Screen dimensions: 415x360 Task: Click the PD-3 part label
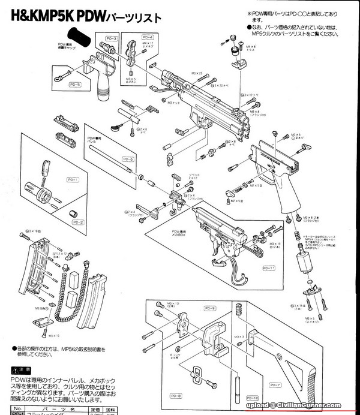coord(112,39)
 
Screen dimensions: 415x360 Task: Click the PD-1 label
coord(73,180)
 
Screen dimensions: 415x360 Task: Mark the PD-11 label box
coord(269,267)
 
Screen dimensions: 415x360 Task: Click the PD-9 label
coord(209,308)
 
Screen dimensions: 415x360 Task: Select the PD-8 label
coord(175,396)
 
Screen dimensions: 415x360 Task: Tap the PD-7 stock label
coord(275,384)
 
